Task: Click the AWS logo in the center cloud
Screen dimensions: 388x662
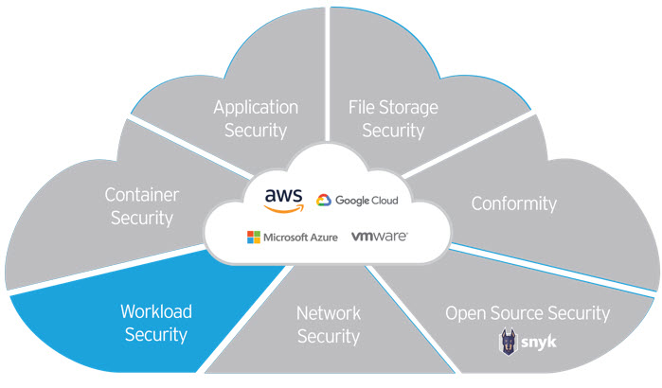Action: (x=283, y=197)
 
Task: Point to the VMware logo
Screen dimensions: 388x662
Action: (x=379, y=236)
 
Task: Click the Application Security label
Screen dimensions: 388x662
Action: (x=256, y=118)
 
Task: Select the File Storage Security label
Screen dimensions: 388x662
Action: (x=393, y=118)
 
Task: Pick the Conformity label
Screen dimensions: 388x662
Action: (x=513, y=203)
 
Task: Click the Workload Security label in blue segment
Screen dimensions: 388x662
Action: (x=155, y=322)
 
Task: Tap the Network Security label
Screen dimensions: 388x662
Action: (x=328, y=324)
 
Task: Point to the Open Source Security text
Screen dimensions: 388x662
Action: (x=528, y=313)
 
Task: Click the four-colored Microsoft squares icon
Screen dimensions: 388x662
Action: (x=253, y=237)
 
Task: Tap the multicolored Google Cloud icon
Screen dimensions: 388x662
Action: (x=323, y=201)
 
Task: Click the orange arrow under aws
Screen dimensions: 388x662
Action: (x=283, y=205)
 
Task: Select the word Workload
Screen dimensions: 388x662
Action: (x=155, y=310)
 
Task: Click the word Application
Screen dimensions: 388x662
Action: (x=256, y=107)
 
